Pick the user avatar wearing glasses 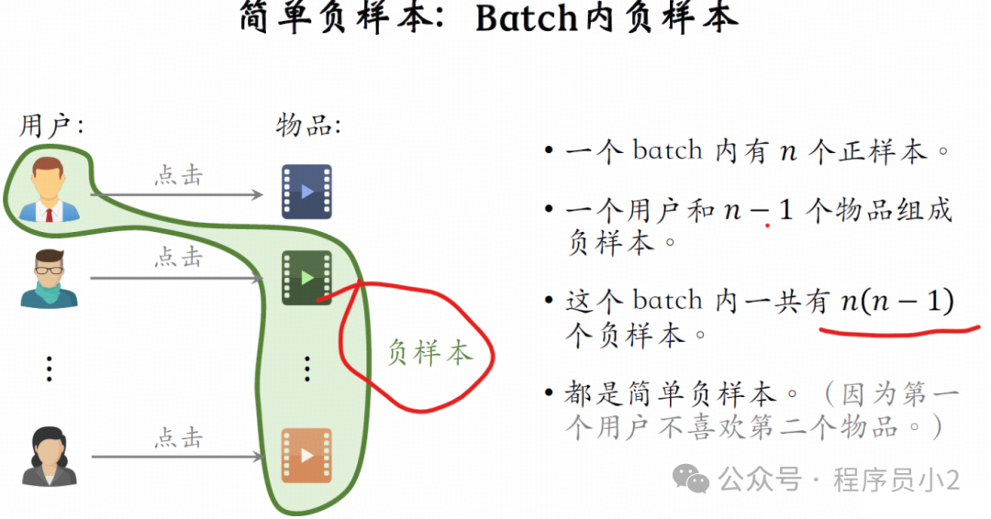click(49, 278)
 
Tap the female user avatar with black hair click(49, 456)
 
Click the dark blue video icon click(306, 192)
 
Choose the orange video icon click(306, 456)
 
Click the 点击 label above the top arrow click(178, 175)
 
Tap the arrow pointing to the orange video click(178, 457)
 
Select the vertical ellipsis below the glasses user click(49, 369)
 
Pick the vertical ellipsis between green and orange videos click(307, 369)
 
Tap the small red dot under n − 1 click(767, 224)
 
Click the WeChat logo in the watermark click(690, 478)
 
